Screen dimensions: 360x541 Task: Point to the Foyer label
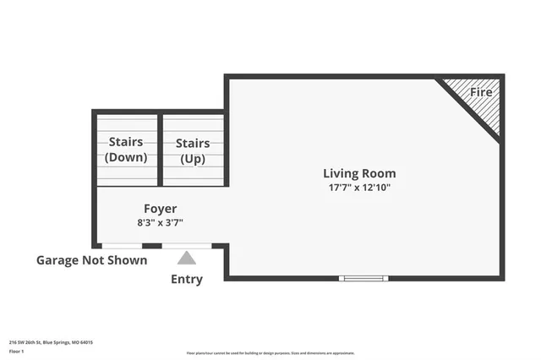pos(160,209)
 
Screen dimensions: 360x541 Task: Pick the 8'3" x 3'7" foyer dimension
pos(160,223)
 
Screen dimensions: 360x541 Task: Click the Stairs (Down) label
pos(126,150)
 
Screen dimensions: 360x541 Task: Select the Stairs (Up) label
pos(193,150)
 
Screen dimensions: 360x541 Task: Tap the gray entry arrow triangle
pos(187,258)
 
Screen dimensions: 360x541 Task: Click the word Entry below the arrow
pos(187,280)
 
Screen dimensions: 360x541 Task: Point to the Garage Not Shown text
pos(91,260)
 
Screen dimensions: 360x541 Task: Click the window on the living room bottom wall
pos(363,278)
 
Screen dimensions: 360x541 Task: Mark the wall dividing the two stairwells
pos(160,150)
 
